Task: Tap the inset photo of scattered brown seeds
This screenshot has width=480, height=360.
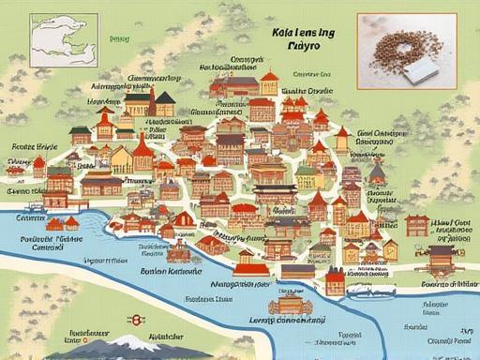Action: [409, 46]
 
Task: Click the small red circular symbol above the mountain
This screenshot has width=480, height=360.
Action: [137, 320]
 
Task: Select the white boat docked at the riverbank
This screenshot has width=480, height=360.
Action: [359, 242]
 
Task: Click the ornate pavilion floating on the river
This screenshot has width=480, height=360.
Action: [289, 304]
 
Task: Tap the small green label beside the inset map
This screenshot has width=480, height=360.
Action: [118, 39]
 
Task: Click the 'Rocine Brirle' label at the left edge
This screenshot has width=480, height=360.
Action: [29, 147]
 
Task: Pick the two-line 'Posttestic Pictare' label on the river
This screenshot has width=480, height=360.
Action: [48, 244]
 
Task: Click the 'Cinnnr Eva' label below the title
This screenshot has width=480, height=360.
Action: [312, 72]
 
